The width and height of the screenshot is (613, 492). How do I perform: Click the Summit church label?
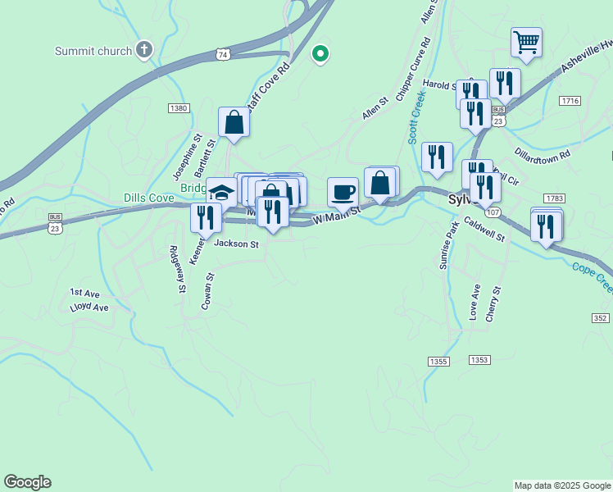click(93, 51)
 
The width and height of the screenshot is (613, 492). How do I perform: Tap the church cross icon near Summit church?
click(144, 50)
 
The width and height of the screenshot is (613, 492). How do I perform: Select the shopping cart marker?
click(526, 42)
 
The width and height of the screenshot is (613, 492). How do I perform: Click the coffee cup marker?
click(343, 192)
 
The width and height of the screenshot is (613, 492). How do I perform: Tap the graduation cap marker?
click(220, 193)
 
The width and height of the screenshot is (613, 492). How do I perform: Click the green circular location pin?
click(321, 54)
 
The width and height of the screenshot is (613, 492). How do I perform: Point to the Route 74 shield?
click(224, 53)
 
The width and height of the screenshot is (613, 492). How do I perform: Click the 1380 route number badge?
click(179, 108)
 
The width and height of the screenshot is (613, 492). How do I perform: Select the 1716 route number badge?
click(570, 100)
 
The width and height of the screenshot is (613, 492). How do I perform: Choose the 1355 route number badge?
click(438, 361)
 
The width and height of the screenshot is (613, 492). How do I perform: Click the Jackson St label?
click(236, 244)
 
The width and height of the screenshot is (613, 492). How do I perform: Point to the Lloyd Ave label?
click(89, 307)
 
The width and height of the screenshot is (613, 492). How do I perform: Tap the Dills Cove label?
click(150, 198)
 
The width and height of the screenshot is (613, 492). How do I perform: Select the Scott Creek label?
click(416, 116)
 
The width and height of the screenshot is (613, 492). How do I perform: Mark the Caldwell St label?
click(484, 229)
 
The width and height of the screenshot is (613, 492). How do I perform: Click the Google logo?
click(27, 482)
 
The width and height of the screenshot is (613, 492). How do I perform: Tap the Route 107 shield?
click(492, 212)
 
